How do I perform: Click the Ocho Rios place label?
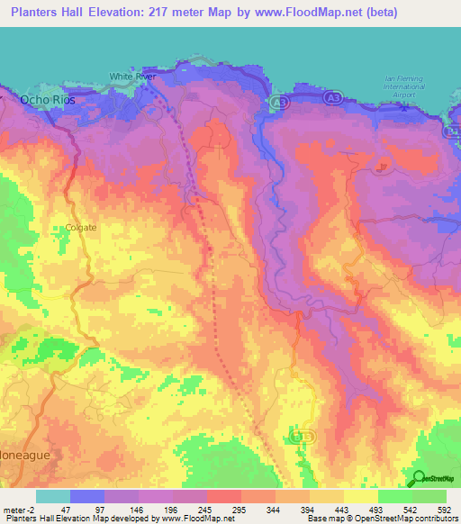(48, 101)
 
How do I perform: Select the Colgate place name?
(80, 228)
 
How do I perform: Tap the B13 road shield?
(299, 436)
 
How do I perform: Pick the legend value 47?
(65, 509)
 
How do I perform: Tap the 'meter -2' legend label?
(19, 509)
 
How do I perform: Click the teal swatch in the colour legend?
(52, 496)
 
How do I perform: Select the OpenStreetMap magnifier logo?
(420, 478)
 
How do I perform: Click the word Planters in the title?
(37, 14)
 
